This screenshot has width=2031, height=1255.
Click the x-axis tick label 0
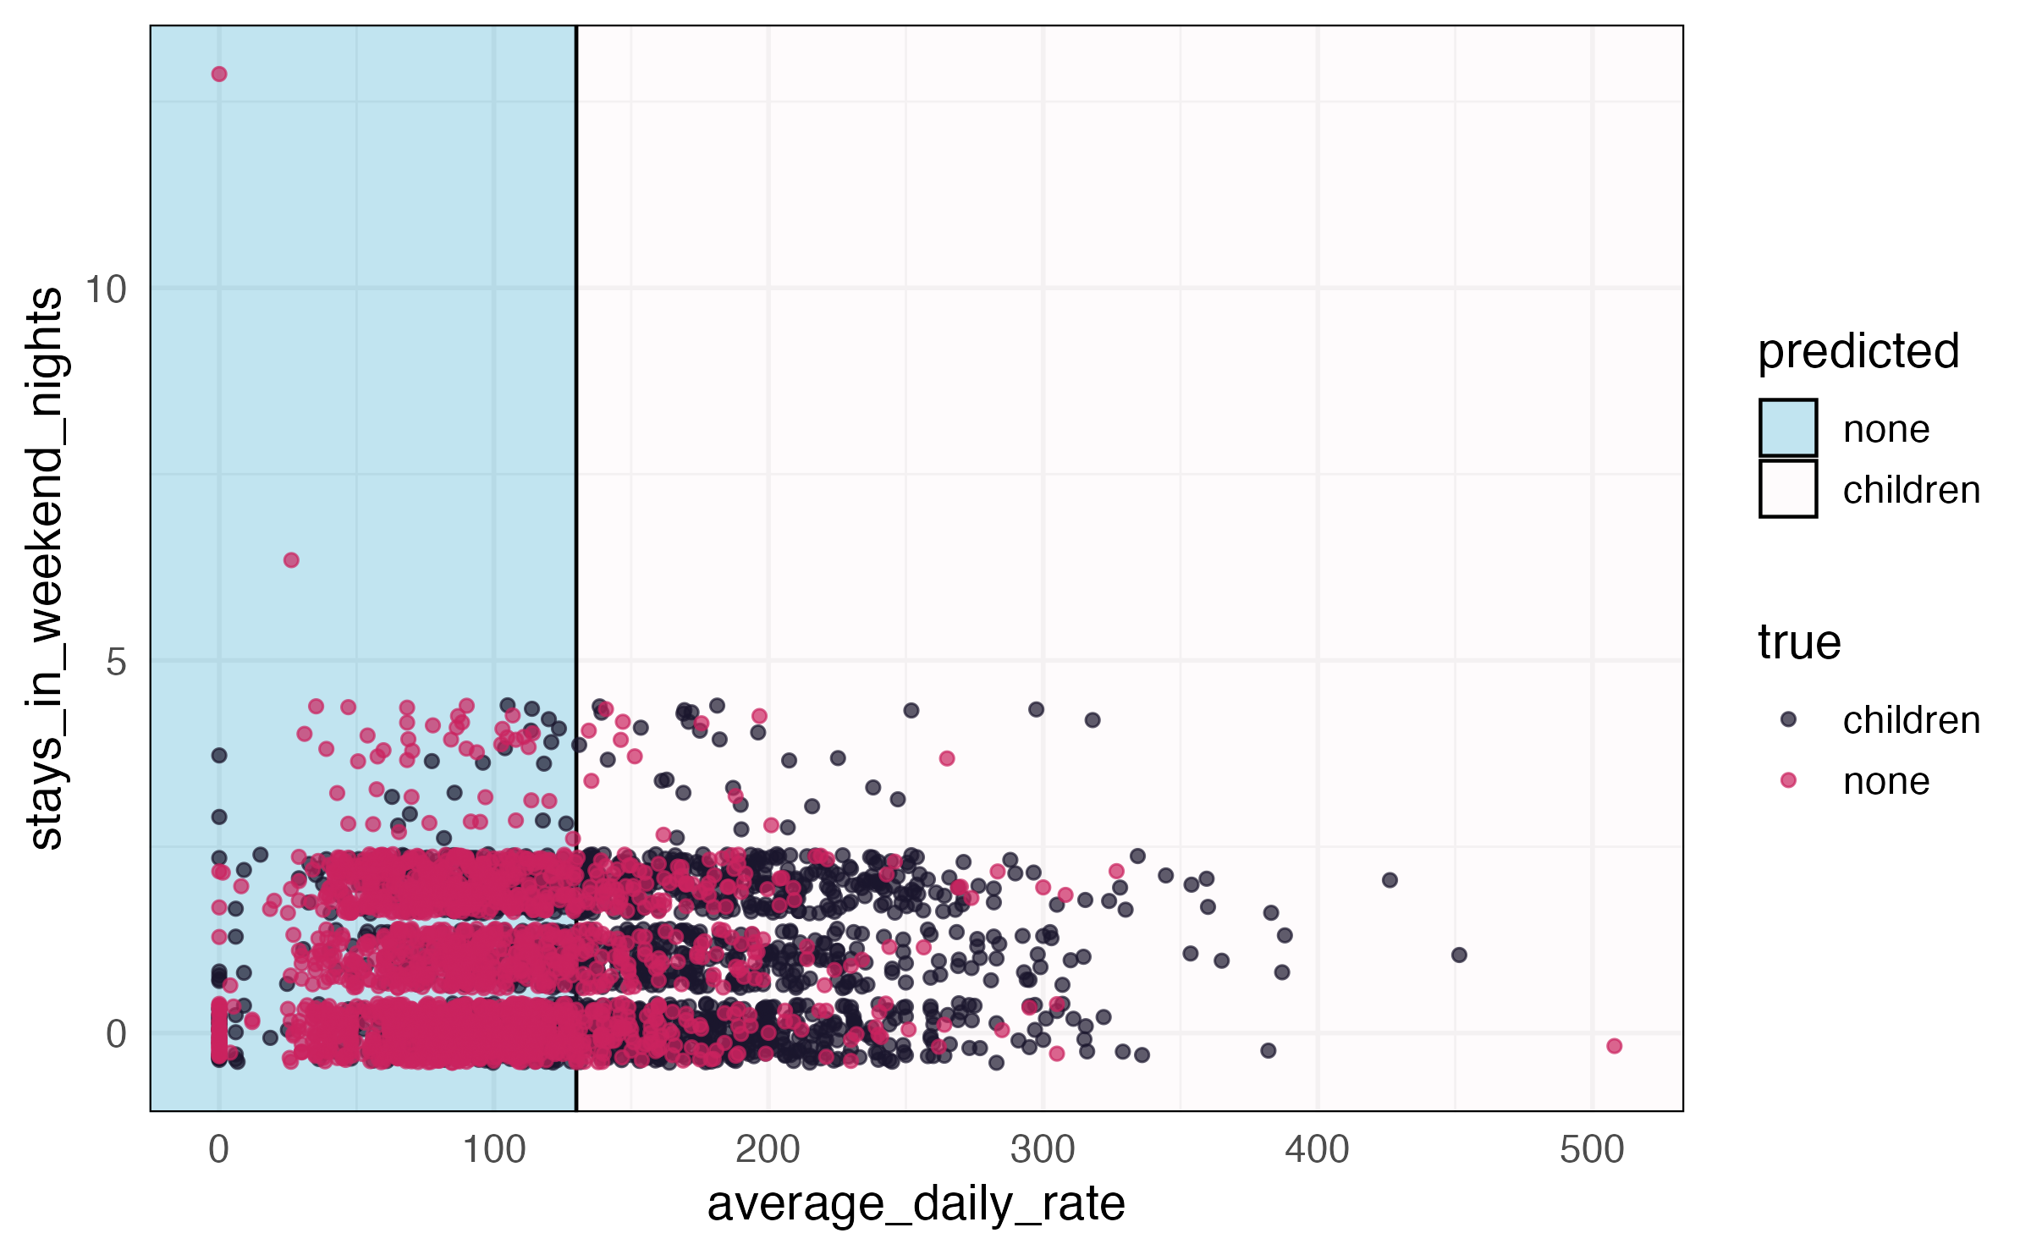tap(218, 1150)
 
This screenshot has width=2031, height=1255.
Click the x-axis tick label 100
tap(493, 1150)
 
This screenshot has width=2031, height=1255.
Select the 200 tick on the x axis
tap(768, 1150)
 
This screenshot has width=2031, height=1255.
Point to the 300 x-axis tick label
tap(1043, 1150)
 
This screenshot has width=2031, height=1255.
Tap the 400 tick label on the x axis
tap(1317, 1150)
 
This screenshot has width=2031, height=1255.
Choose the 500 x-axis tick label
tap(1592, 1150)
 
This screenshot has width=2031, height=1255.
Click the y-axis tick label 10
tap(106, 289)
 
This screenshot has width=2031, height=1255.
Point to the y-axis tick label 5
tap(116, 662)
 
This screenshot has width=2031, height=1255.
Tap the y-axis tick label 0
tap(116, 1034)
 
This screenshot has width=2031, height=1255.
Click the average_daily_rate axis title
tap(916, 1203)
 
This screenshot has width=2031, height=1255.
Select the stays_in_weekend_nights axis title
tap(46, 568)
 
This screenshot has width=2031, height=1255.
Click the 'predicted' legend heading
tap(1858, 351)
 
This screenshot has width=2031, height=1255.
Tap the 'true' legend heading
tap(1799, 642)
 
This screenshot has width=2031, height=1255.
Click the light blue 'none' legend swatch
tap(1788, 428)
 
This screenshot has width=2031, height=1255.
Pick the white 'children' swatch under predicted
tap(1788, 489)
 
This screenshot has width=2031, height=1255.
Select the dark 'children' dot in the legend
tap(1788, 719)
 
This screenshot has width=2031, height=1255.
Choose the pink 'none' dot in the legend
tap(1788, 780)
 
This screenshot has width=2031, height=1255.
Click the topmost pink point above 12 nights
tap(219, 74)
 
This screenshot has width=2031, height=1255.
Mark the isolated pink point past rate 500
tap(1614, 1046)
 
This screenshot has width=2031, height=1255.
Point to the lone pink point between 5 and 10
tap(291, 560)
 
